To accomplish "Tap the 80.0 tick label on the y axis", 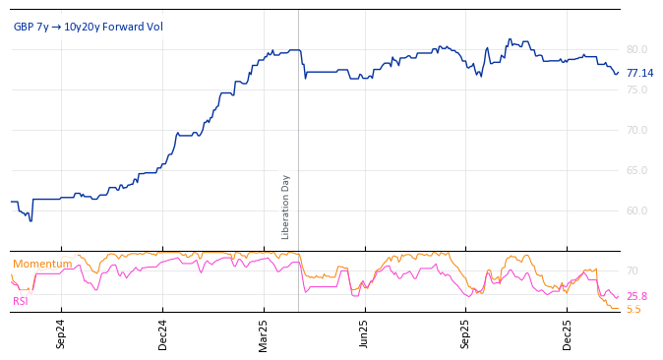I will pyautogui.click(x=637, y=49).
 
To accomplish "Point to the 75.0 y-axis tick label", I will pyautogui.click(x=637, y=90).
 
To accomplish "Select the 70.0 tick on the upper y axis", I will pyautogui.click(x=637, y=130).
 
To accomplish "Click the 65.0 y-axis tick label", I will pyautogui.click(x=637, y=170).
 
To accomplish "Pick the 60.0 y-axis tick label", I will pyautogui.click(x=637, y=210).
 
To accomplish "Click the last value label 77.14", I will pyautogui.click(x=639, y=73).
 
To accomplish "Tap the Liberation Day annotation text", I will pyautogui.click(x=286, y=207).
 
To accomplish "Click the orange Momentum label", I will pyautogui.click(x=42, y=264).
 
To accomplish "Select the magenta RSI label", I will pyautogui.click(x=21, y=301).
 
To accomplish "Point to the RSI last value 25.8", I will pyautogui.click(x=636, y=296).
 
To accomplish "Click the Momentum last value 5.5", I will pyautogui.click(x=633, y=309).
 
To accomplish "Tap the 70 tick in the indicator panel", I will pyautogui.click(x=633, y=270).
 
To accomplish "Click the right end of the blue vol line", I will pyautogui.click(x=618, y=72).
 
